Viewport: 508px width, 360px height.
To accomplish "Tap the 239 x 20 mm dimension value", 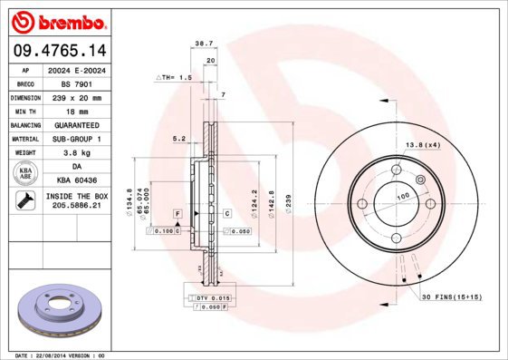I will (x=75, y=97).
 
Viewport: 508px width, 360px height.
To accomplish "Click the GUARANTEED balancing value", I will (x=75, y=124).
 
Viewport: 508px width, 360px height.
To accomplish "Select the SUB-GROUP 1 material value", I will (x=75, y=139).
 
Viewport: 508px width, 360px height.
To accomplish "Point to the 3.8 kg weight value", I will (x=75, y=153).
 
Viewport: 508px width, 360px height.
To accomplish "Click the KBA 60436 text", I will (x=75, y=181).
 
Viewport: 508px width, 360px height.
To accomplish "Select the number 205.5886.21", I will (x=75, y=207).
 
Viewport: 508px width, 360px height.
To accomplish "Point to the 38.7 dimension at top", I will (x=204, y=43).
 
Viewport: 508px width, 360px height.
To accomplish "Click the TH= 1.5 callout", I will (x=176, y=78).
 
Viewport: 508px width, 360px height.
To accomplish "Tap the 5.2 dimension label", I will (x=178, y=139).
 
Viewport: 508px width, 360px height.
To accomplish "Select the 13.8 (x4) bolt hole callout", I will (x=422, y=145).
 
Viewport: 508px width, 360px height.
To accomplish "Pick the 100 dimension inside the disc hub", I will (x=403, y=195).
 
